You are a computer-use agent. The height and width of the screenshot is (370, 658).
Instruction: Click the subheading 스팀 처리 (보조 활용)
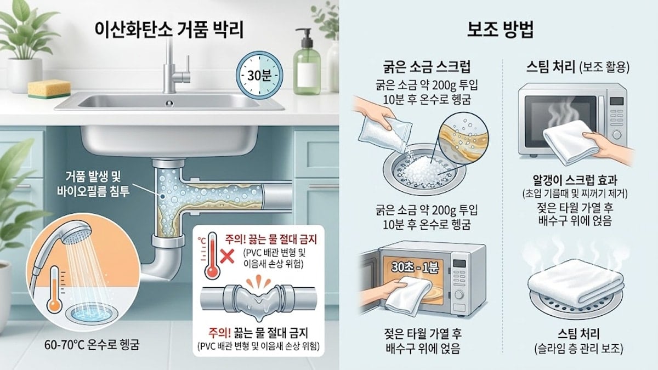pyautogui.click(x=575, y=69)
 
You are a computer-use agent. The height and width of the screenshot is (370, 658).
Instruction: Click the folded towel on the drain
pyautogui.click(x=575, y=283)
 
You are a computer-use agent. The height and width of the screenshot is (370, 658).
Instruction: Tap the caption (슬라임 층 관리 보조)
pyautogui.click(x=575, y=348)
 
